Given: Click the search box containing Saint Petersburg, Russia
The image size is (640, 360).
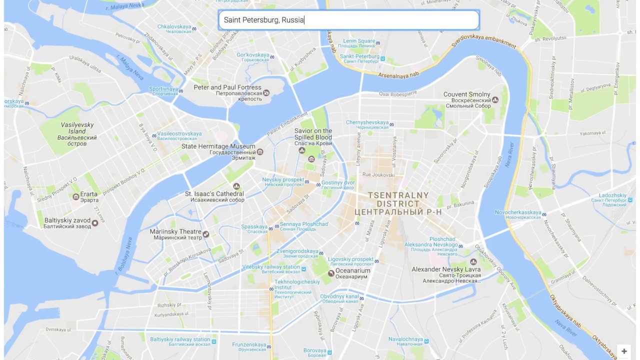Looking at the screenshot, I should point(348,20).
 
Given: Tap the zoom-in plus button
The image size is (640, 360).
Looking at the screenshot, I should point(624,351).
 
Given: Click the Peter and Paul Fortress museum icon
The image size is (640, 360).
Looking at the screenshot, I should point(266,92).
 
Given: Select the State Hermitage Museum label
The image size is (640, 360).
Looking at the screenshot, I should point(218,146).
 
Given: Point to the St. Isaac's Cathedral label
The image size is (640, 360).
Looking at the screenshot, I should point(214,194).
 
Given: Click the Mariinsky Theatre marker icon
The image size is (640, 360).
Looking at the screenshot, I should point(206,233).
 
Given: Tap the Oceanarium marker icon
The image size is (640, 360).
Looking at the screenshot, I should point(331,273).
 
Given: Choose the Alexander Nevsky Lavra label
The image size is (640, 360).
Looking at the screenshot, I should point(446,269).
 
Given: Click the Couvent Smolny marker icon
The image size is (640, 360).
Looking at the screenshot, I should point(495,100).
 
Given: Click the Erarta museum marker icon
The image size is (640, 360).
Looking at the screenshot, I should point(76,196).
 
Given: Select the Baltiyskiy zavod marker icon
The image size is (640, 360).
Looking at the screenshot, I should point(95,223).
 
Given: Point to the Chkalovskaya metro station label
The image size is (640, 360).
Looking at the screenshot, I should point(174,26).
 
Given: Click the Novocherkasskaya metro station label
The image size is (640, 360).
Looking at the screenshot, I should point(518,212).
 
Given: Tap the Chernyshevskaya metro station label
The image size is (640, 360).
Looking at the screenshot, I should point(367,122).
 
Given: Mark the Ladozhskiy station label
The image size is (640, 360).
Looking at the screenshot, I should point(612,195).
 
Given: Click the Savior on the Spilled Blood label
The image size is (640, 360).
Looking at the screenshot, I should point(313,134).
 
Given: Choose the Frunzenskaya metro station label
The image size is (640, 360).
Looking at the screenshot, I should point(249,344).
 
